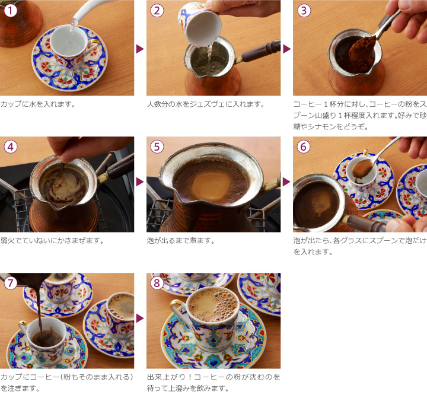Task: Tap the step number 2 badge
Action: click(157, 9)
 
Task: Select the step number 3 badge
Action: click(303, 9)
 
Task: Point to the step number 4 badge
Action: click(9, 146)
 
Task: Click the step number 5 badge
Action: click(157, 146)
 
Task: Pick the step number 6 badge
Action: click(303, 146)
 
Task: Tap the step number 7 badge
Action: click(9, 282)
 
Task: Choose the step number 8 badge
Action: click(157, 282)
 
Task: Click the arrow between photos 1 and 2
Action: click(140, 49)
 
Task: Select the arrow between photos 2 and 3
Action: click(287, 49)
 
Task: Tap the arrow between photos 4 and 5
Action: click(140, 182)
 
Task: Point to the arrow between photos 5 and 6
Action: click(287, 182)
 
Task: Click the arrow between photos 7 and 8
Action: click(140, 319)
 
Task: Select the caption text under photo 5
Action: click(180, 241)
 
